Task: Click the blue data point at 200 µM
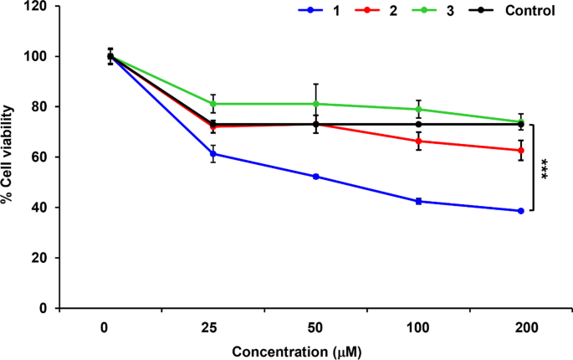pos(520,211)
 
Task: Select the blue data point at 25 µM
pos(213,154)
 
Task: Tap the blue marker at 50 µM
pos(315,177)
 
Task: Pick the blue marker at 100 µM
pos(418,201)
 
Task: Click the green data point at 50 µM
pos(315,104)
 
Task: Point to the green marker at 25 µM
pos(213,104)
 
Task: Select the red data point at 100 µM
pos(418,141)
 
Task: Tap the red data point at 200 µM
pos(520,150)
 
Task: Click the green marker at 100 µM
pos(418,109)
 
